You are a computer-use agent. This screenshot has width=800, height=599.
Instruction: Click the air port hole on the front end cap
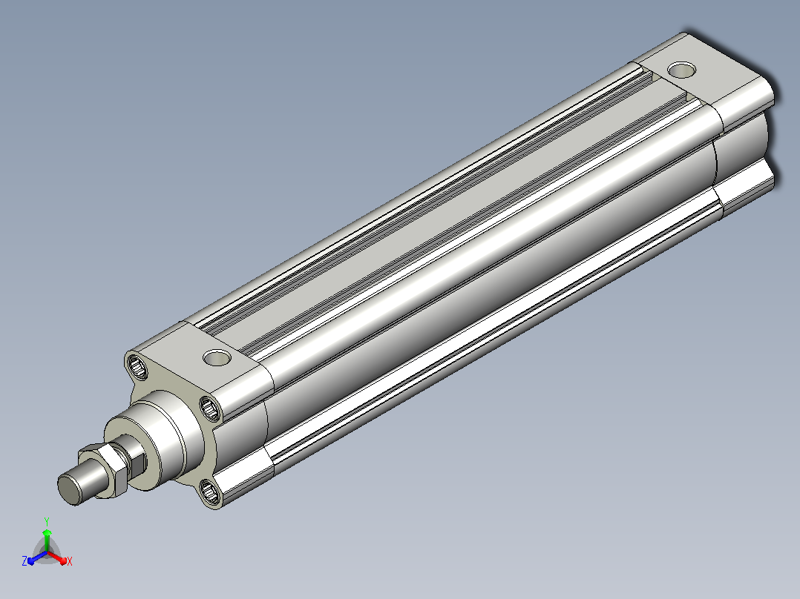(217, 357)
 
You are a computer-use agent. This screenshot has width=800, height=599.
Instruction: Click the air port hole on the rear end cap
(681, 70)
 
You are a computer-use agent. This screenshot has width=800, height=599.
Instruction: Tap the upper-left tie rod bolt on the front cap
(137, 367)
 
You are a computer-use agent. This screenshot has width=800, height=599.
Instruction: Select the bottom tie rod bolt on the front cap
(210, 492)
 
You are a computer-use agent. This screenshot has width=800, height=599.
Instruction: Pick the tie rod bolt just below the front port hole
(210, 408)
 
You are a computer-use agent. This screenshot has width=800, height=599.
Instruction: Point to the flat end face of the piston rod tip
(70, 489)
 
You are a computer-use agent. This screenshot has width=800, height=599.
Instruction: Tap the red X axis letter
(70, 561)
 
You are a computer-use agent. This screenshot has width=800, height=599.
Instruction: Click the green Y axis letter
(47, 521)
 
